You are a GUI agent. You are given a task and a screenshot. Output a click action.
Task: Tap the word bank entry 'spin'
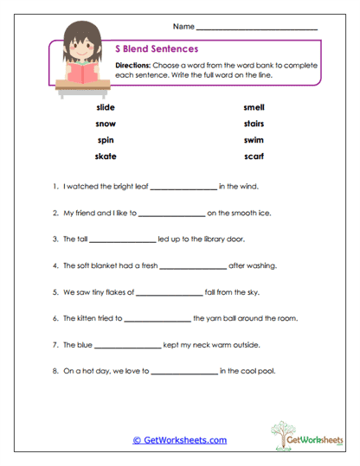pyautogui.click(x=103, y=139)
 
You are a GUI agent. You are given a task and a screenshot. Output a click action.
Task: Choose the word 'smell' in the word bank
pyautogui.click(x=254, y=107)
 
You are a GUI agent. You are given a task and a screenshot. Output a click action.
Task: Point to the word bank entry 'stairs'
pyautogui.click(x=254, y=124)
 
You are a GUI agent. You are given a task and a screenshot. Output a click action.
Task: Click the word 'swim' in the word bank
pyautogui.click(x=254, y=139)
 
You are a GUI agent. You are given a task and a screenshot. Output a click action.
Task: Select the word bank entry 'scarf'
pyautogui.click(x=254, y=156)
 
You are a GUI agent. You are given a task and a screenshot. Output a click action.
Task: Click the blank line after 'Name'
pyautogui.click(x=256, y=29)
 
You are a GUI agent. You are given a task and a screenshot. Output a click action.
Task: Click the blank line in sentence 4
pyautogui.click(x=192, y=267)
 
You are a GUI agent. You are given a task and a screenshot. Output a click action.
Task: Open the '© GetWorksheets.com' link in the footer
pyautogui.click(x=179, y=440)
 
